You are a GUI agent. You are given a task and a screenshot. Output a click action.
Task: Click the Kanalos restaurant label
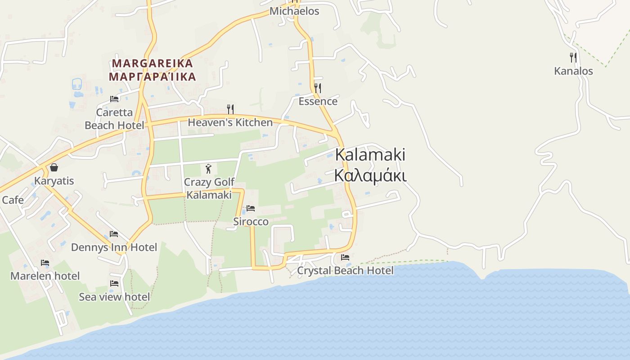(x=573, y=71)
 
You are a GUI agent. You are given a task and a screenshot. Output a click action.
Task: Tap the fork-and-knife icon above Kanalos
(x=573, y=58)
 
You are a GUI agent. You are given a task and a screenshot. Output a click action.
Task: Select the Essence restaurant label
(x=318, y=101)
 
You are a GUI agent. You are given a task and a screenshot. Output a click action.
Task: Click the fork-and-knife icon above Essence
(x=318, y=88)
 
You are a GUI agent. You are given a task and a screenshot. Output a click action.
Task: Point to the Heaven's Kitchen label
(x=230, y=122)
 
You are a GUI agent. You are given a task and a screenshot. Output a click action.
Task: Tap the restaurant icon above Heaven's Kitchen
(x=230, y=109)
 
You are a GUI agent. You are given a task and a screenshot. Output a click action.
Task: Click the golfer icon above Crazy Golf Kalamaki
(x=208, y=169)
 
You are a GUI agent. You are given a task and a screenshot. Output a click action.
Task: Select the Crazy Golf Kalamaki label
(x=209, y=189)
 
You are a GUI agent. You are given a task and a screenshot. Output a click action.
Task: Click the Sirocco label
(x=251, y=221)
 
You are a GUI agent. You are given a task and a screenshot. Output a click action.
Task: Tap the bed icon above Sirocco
(x=251, y=208)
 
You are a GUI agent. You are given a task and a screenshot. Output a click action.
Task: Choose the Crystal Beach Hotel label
(x=345, y=270)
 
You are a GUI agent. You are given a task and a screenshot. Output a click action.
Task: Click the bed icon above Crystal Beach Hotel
(x=345, y=257)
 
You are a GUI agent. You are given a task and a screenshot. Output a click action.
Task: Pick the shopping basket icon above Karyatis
(x=54, y=167)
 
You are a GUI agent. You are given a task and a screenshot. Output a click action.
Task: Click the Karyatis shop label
(x=54, y=181)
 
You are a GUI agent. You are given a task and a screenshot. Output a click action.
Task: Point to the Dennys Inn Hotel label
(x=114, y=247)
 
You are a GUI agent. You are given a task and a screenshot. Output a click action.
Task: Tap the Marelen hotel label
(x=45, y=276)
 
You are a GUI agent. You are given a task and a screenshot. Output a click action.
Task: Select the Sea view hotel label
(x=114, y=297)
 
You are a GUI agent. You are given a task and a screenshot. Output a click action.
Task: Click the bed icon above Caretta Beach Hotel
(x=114, y=99)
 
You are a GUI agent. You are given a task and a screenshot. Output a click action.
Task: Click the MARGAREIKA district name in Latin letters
(x=153, y=63)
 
